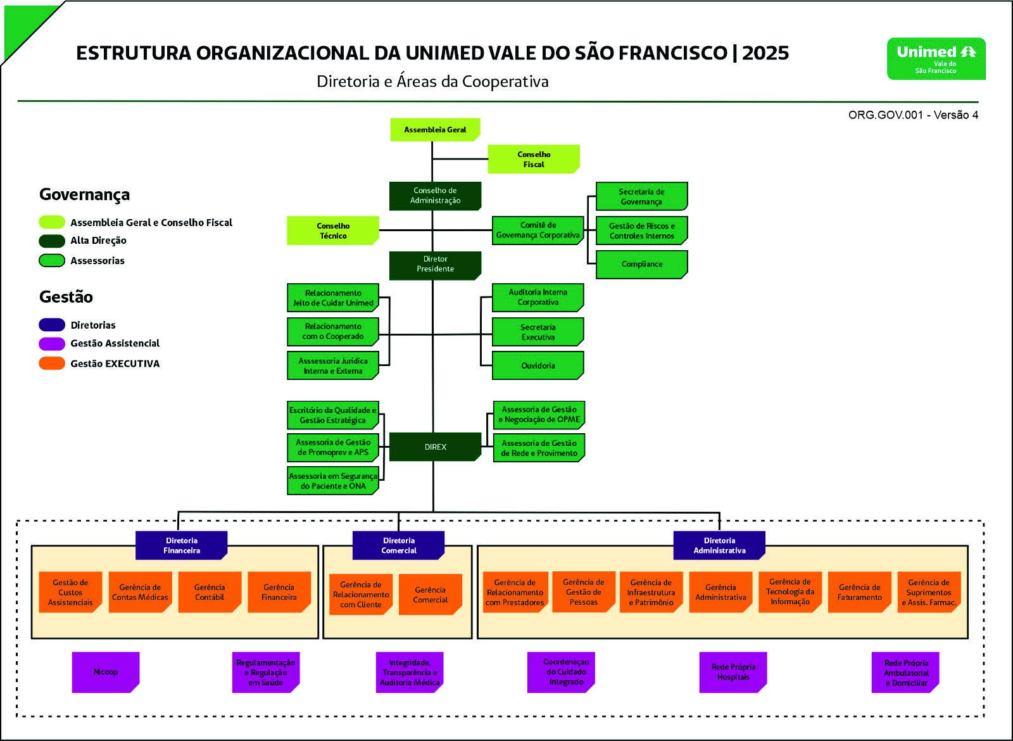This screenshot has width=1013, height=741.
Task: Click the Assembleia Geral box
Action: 435,130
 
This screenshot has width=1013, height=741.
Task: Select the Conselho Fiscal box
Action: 534,159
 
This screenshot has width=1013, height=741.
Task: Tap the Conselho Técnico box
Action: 333,231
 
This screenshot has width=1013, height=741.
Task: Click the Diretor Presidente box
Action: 435,265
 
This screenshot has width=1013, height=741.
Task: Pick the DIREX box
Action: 435,447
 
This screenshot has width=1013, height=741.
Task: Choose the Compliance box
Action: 642,265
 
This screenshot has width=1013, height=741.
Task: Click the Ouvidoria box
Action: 538,365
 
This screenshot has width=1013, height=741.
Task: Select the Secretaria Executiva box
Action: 538,332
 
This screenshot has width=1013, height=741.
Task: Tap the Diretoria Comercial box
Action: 398,545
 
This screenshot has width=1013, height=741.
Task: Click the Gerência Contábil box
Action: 210,592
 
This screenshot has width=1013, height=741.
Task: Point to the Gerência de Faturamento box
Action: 859,592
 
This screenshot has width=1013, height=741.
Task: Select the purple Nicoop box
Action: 106,672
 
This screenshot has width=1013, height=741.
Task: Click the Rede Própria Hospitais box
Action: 733,672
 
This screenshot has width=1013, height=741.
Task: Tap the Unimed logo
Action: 936,59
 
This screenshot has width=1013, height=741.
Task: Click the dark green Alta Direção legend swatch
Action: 52,241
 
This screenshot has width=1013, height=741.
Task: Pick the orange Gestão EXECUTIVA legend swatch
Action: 52,364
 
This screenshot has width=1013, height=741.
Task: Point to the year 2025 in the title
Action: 765,53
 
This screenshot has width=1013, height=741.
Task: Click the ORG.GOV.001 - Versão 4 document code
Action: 913,115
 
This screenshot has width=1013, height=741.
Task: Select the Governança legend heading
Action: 85,194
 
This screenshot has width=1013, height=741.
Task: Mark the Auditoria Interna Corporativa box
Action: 538,298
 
